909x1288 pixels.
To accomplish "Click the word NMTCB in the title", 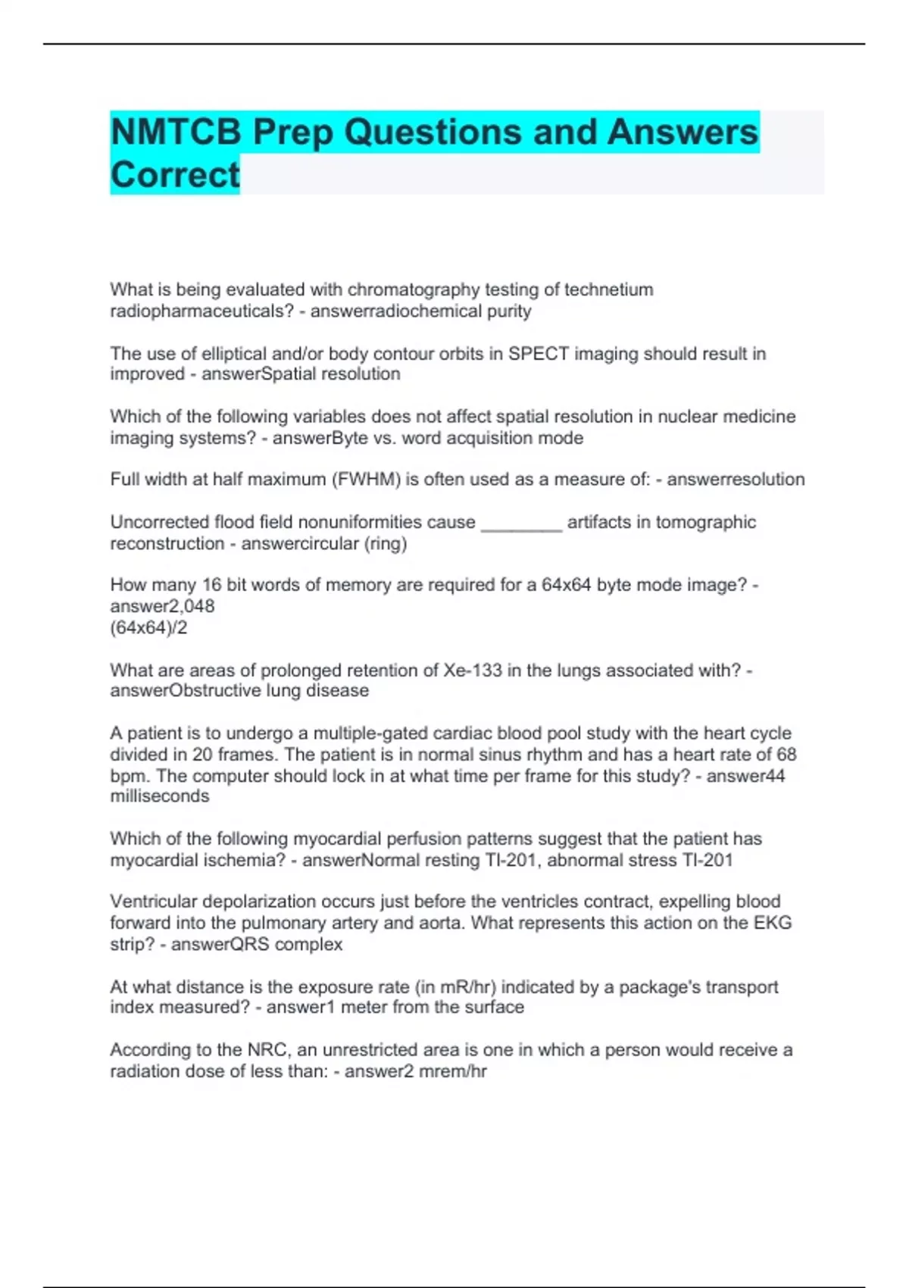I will (x=176, y=133).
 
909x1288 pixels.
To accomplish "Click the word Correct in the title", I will (x=175, y=175).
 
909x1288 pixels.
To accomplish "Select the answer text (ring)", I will (x=386, y=544).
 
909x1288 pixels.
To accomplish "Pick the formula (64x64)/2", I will (x=148, y=627).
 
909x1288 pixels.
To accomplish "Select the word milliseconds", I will (x=160, y=796).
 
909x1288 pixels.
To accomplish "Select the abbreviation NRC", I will (x=267, y=1050).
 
